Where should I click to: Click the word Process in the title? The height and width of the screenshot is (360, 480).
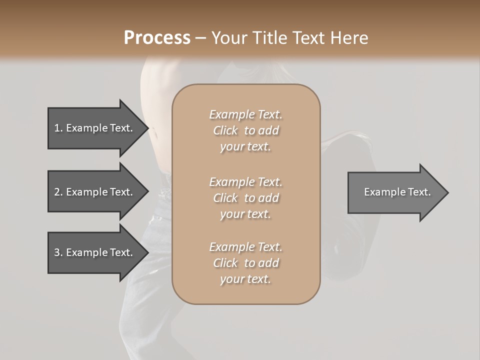pyautogui.click(x=157, y=38)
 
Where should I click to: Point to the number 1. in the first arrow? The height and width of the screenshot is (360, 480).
pyautogui.click(x=58, y=128)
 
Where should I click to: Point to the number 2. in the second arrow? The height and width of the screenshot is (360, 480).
pyautogui.click(x=58, y=192)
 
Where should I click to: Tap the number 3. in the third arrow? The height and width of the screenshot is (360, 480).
pyautogui.click(x=58, y=252)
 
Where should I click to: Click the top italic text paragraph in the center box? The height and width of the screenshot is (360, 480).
pyautogui.click(x=246, y=130)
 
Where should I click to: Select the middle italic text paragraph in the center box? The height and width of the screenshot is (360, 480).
pyautogui.click(x=246, y=198)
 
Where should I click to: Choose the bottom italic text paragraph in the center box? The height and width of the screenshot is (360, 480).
pyautogui.click(x=246, y=263)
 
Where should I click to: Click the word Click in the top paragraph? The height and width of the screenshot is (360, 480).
pyautogui.click(x=225, y=130)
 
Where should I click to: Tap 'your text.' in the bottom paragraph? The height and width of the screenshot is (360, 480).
pyautogui.click(x=245, y=279)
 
